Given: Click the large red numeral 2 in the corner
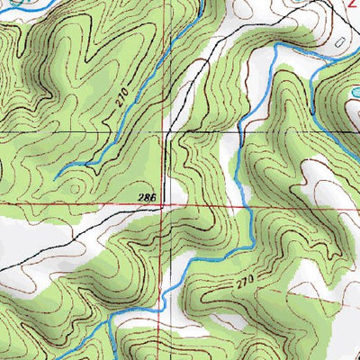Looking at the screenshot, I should pos(353,4).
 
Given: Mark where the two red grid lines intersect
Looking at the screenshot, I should pos(164,204).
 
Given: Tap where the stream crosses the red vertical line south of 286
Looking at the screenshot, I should pos(165,309).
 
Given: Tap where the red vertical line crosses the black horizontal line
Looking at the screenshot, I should pos(164,133).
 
